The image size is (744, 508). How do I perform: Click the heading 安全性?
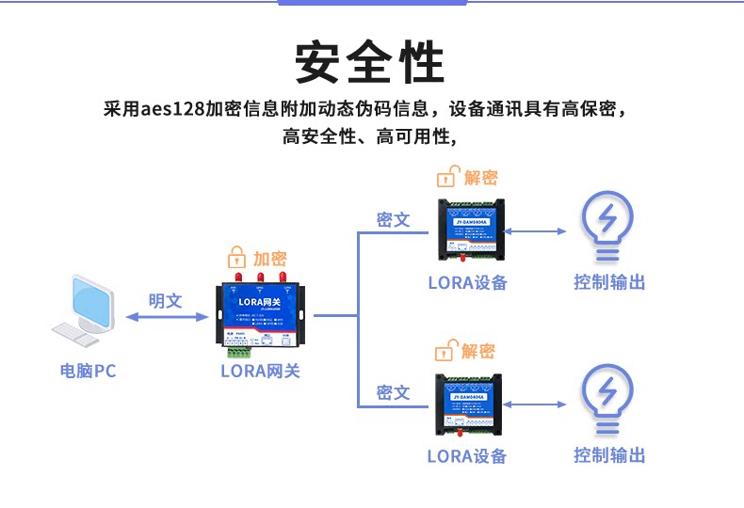point(370,62)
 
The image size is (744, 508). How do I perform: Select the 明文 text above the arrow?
point(165,301)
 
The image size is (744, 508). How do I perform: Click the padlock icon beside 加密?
point(236,259)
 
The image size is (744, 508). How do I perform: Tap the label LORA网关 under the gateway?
point(261,371)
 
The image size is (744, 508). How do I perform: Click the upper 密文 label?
point(393,220)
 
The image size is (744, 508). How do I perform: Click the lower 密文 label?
point(393,392)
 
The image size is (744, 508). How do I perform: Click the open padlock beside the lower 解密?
point(445,352)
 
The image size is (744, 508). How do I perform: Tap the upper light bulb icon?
point(609,227)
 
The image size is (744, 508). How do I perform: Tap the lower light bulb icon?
point(609,400)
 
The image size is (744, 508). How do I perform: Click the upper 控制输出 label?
point(609,282)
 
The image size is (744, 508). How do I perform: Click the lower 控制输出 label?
point(609,455)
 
